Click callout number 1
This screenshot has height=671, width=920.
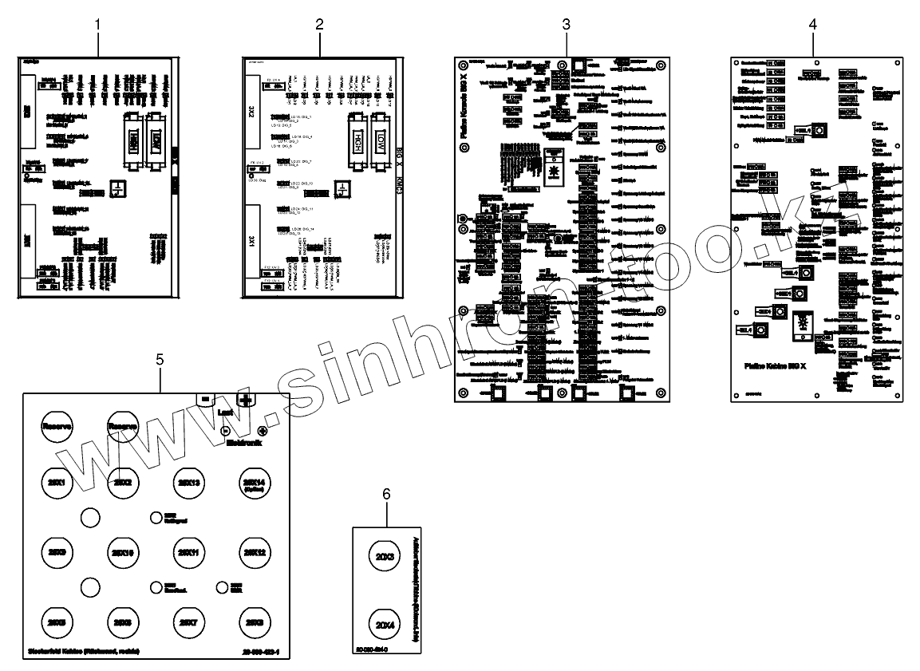pyautogui.click(x=98, y=24)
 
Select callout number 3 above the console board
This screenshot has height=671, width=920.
pyautogui.click(x=566, y=24)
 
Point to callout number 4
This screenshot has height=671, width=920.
pyautogui.click(x=812, y=24)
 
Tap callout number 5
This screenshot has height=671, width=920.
pyautogui.click(x=160, y=359)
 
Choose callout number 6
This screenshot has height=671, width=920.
pyautogui.click(x=386, y=494)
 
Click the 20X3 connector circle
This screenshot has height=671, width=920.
pyautogui.click(x=385, y=556)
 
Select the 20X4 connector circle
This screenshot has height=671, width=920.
pyautogui.click(x=385, y=623)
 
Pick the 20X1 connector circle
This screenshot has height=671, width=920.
pyautogui.click(x=57, y=484)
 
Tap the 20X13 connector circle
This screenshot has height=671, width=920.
pyautogui.click(x=190, y=484)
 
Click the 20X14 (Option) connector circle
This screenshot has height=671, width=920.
pyautogui.click(x=255, y=484)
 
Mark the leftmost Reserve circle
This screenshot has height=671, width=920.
pyautogui.click(x=57, y=427)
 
